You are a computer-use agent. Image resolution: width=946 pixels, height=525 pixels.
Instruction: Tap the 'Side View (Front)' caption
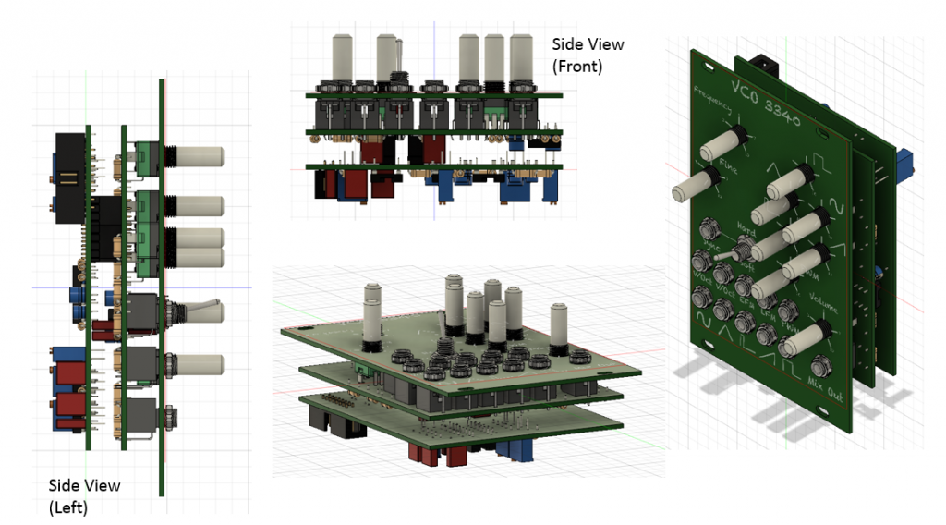click(588, 55)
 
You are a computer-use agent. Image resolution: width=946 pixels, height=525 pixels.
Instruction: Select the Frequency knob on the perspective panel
click(722, 140)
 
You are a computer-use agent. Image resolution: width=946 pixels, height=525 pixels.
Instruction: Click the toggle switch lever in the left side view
click(205, 308)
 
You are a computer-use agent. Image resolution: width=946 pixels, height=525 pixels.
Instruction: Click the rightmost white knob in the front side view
click(522, 56)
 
